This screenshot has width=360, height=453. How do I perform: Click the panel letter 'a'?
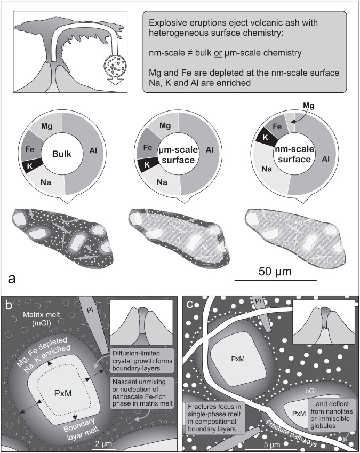tap(11, 278)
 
